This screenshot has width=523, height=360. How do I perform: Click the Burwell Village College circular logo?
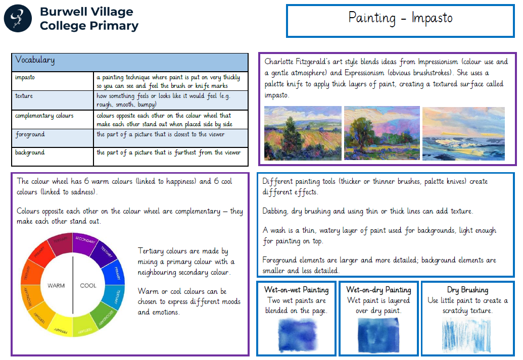(18, 18)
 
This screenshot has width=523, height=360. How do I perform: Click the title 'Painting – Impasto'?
(400, 18)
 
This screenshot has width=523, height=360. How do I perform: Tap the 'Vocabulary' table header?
(35, 60)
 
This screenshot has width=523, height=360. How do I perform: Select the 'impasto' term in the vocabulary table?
(25, 77)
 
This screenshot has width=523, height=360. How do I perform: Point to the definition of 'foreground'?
(160, 134)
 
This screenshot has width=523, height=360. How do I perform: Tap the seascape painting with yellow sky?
(464, 134)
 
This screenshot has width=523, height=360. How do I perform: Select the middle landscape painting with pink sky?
(382, 133)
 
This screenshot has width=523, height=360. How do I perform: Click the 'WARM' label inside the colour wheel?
(56, 286)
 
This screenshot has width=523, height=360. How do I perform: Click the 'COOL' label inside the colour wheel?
(88, 286)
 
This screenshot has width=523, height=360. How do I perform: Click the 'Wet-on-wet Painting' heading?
(297, 290)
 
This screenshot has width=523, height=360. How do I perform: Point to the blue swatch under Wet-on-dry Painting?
(378, 335)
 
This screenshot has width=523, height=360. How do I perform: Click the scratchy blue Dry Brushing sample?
(466, 335)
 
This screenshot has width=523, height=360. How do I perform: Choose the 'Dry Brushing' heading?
(467, 290)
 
